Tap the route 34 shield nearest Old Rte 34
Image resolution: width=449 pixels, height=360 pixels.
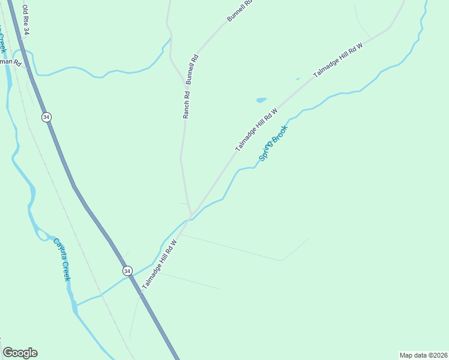[x=47, y=116]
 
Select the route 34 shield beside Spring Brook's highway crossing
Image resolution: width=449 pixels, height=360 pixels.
[x=127, y=271]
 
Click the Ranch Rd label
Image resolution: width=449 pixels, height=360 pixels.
[x=187, y=103]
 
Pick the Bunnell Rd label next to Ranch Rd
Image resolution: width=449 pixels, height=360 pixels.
[x=193, y=68]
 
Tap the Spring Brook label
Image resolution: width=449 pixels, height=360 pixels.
[x=274, y=142]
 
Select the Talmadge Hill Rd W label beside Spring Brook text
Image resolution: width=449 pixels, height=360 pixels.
[x=256, y=130]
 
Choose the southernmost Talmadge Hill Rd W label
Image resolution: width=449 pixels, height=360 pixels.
[x=159, y=265]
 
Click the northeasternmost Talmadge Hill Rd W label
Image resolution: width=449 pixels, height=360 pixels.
[x=339, y=61]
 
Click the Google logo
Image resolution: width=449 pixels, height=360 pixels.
[x=20, y=353]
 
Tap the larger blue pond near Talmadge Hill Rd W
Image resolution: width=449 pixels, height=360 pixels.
[x=261, y=100]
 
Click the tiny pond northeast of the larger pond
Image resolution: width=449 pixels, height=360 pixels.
[x=298, y=79]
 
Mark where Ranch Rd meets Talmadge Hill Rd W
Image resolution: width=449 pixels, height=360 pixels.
[x=191, y=215]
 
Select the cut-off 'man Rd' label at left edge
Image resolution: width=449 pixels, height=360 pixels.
[x=11, y=62]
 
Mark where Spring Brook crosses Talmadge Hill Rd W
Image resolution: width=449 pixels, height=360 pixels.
[x=184, y=220]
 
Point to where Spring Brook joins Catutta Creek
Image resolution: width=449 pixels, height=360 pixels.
[x=76, y=305]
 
